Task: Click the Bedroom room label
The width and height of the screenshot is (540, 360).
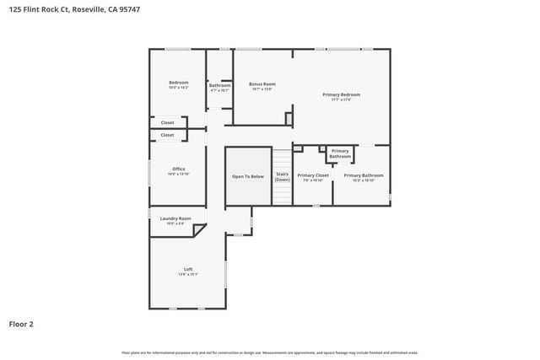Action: [178, 83]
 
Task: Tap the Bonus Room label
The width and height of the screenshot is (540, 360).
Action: [262, 83]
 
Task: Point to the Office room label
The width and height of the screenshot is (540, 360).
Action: [178, 169]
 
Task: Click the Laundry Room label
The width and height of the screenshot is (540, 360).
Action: [175, 218]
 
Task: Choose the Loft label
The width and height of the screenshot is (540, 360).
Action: [188, 269]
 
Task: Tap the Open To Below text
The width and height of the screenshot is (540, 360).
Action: [248, 176]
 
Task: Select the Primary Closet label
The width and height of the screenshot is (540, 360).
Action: [312, 175]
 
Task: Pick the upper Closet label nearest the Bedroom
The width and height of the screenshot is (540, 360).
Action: [167, 122]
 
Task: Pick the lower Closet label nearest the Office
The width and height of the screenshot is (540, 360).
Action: [167, 135]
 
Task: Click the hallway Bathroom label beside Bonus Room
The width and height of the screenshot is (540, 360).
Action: [219, 85]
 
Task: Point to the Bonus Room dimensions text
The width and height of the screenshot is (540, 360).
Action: [262, 89]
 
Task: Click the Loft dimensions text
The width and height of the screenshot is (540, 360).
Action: [188, 274]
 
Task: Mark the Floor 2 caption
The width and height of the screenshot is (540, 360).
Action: [21, 323]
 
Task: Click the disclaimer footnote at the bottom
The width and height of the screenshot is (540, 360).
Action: [269, 352]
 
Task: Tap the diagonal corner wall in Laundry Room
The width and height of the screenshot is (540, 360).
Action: [221, 229]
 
